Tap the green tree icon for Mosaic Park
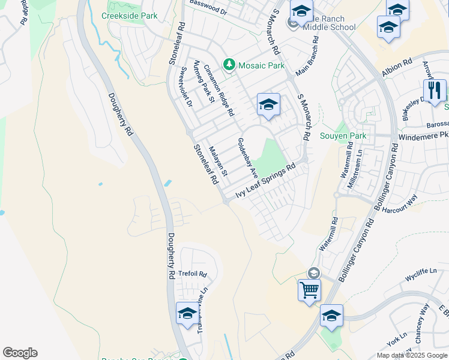pos(229,64)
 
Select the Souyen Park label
pos(343,136)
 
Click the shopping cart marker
pos(310,290)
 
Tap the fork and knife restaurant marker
pos(435,91)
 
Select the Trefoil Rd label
pos(193,274)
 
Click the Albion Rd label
pos(397,67)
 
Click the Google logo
pos(20,353)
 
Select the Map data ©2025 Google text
pos(412,355)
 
